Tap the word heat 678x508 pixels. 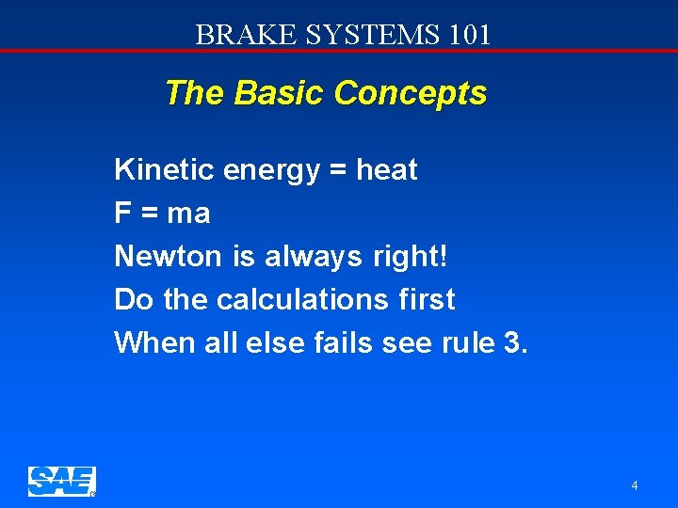pyautogui.click(x=387, y=170)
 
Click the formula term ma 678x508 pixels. pyautogui.click(x=188, y=214)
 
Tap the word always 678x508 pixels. pyautogui.click(x=312, y=257)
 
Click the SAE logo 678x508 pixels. pyautogui.click(x=62, y=482)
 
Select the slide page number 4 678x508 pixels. pyautogui.click(x=635, y=486)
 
